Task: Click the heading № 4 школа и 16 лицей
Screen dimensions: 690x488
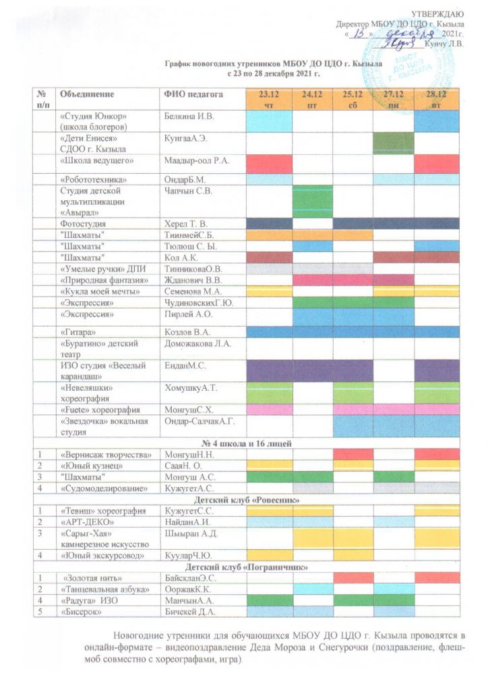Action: (x=247, y=442)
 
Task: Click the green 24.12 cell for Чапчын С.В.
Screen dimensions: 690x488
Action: (x=312, y=201)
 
